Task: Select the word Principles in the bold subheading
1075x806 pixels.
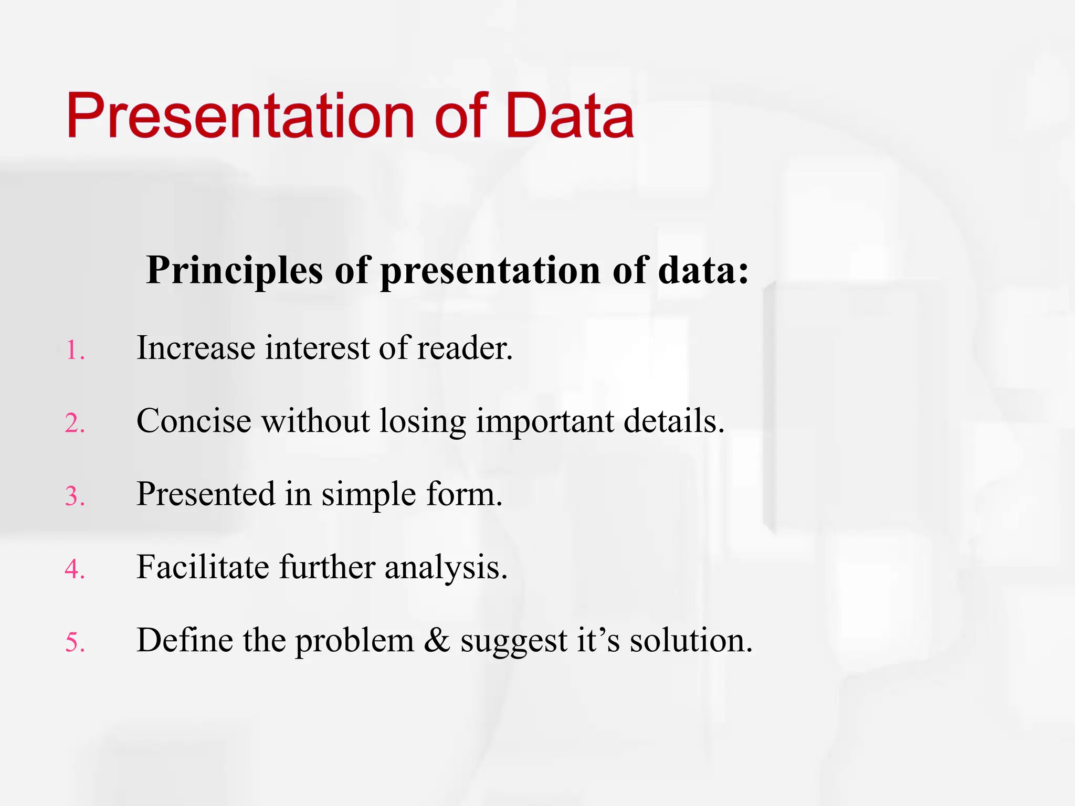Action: [x=234, y=271]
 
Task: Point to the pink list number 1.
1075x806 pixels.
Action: [x=75, y=351]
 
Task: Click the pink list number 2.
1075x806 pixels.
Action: [x=75, y=423]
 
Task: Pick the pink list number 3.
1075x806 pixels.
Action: [x=75, y=496]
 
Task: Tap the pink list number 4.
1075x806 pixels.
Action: [x=75, y=569]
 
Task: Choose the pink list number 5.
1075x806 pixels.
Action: [x=75, y=642]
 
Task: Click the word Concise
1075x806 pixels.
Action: [x=194, y=421]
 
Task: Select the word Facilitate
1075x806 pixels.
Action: [x=203, y=567]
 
